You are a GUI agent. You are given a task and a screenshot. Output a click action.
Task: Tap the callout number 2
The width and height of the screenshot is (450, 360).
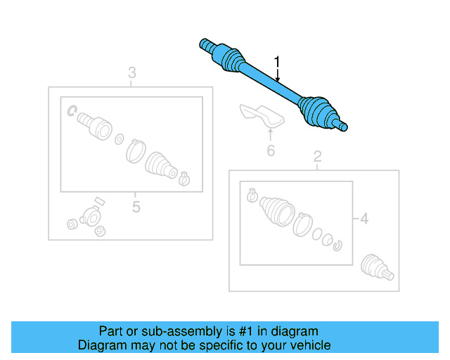tap(317, 155)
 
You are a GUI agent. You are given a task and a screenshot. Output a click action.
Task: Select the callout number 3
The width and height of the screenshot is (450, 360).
tap(131, 72)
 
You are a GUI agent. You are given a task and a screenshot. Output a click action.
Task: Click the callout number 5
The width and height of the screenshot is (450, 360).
tap(136, 207)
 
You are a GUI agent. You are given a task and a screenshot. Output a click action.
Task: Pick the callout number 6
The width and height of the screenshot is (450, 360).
tap(270, 150)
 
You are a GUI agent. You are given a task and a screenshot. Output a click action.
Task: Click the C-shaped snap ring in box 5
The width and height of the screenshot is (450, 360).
tap(72, 110)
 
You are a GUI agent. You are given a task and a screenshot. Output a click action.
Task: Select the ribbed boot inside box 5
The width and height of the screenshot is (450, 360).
tap(160, 167)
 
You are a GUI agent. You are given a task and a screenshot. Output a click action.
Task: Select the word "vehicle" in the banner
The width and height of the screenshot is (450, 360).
tap(309, 345)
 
